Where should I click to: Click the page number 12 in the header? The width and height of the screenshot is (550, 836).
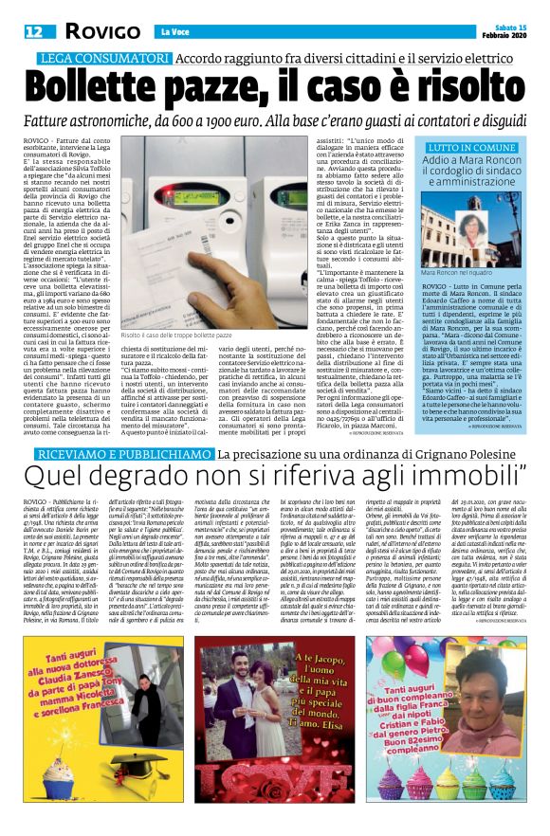pos(32,31)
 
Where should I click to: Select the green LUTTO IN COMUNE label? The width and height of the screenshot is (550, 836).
pos(469,149)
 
